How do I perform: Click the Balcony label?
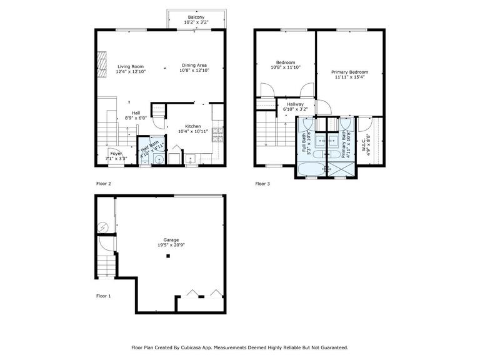196,17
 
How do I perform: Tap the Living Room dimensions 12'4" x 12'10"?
131,72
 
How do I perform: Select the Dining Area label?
194,66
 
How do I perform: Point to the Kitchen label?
192,126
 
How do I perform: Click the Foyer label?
116,153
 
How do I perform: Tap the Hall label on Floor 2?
136,112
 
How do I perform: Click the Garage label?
171,240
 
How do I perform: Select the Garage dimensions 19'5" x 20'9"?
171,246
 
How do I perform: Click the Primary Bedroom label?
349,72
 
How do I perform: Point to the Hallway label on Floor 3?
294,104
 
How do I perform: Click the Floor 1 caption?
103,295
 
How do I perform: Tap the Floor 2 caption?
103,184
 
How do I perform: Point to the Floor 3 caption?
263,184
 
